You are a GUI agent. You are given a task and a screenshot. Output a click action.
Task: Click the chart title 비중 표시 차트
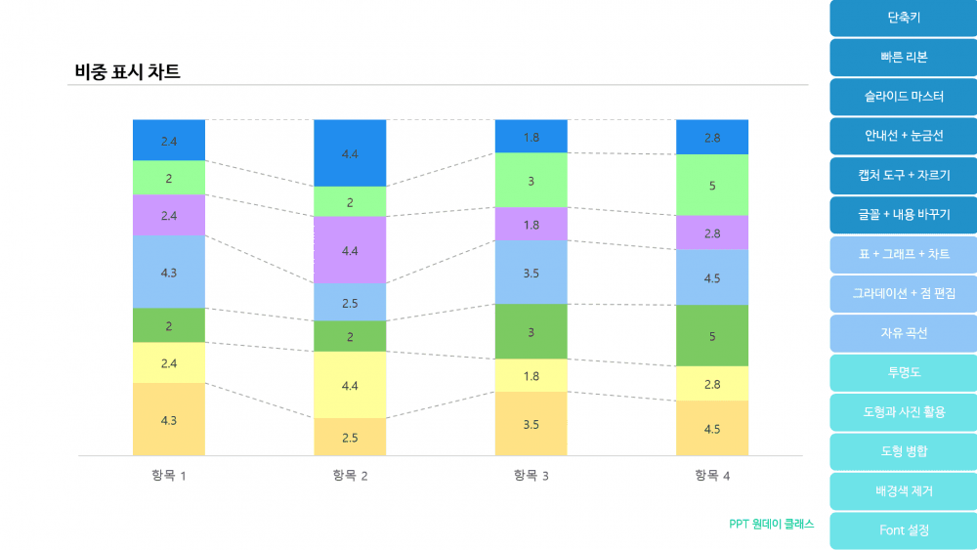(127, 71)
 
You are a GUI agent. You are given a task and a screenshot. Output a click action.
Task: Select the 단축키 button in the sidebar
(903, 18)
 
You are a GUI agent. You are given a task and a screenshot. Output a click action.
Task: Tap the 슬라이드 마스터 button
(903, 97)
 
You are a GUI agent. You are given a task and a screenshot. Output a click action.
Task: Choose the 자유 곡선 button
(903, 333)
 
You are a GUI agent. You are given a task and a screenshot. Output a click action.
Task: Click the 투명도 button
(903, 372)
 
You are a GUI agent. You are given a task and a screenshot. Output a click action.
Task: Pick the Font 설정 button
(903, 530)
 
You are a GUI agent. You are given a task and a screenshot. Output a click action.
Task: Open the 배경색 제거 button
(903, 490)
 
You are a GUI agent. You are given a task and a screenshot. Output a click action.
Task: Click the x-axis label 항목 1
(169, 476)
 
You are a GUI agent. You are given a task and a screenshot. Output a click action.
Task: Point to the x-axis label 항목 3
(531, 476)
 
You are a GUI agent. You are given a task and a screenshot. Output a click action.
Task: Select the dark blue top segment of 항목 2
(350, 153)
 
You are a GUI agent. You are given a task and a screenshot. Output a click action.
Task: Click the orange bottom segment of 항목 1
(169, 419)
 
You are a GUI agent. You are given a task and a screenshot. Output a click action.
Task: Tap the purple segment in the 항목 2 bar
(350, 250)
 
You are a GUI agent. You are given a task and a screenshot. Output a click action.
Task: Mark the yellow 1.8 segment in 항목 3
(531, 375)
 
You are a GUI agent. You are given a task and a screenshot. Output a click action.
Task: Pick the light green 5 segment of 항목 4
(712, 185)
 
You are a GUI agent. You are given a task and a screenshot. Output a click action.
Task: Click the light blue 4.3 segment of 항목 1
(169, 272)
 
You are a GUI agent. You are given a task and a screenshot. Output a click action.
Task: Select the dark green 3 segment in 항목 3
(531, 332)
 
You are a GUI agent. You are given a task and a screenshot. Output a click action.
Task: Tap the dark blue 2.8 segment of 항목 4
(712, 138)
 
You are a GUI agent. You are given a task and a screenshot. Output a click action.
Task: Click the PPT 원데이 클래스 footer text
(771, 524)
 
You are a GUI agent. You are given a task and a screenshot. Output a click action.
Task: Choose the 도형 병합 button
(903, 451)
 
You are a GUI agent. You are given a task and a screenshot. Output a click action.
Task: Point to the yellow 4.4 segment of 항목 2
(350, 385)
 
